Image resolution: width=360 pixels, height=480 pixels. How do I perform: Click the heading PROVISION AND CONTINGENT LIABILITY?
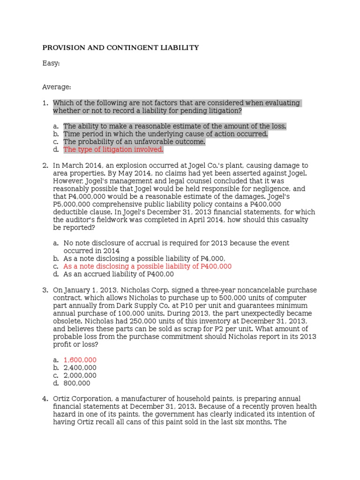coord(120,48)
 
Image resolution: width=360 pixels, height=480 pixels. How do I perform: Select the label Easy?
coord(51,63)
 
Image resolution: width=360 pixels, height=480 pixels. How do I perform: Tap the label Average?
coord(57,87)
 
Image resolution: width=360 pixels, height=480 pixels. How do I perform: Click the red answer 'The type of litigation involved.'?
coord(113,150)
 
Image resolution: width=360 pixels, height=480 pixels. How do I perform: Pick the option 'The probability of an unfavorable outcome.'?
coord(134,142)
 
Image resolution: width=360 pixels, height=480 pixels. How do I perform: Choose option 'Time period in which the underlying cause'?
coord(165,134)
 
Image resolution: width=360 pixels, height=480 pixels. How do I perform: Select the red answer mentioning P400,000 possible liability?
coord(147,266)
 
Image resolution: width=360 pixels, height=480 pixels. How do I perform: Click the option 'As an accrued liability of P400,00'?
coord(119,274)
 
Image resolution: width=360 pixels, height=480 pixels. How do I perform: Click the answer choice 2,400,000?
coord(80,368)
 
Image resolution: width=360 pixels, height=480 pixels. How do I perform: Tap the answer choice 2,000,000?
coord(80,375)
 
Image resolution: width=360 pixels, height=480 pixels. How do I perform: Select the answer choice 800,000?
coord(77,383)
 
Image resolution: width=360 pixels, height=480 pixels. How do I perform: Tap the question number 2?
coord(45,165)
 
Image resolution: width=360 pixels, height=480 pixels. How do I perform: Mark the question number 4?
coord(45,399)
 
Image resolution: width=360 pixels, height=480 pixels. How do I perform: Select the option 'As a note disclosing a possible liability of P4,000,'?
coord(144,258)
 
